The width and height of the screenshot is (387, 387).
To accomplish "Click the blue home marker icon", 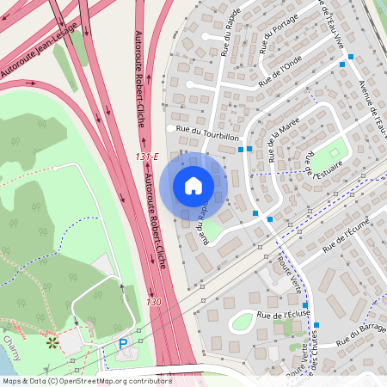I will (193, 186).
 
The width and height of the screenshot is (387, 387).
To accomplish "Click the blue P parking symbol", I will (122, 343).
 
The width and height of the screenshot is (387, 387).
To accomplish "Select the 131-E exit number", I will (147, 157).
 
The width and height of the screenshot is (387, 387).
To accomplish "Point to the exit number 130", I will (153, 302).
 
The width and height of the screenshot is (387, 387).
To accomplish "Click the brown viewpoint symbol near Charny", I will (52, 342).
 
